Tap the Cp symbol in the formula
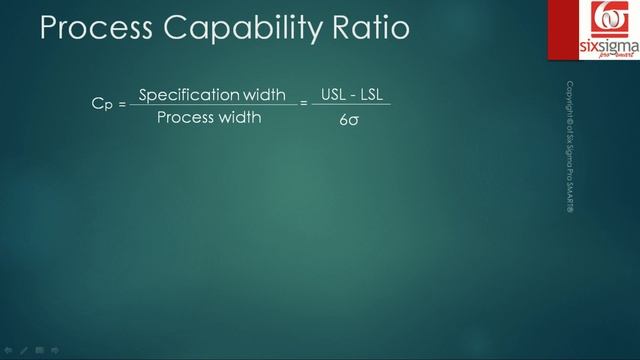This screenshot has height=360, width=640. pos(101,103)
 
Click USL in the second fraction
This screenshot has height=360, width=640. pos(333,95)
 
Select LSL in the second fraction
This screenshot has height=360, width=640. pos(373,95)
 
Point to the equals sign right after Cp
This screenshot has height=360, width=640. pos(122,104)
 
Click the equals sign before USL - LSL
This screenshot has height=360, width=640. pos(304,103)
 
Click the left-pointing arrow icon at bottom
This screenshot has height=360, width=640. pos(9,350)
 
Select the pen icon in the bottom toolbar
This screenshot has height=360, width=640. pos(24,350)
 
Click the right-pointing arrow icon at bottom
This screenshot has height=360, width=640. pos(55,350)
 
